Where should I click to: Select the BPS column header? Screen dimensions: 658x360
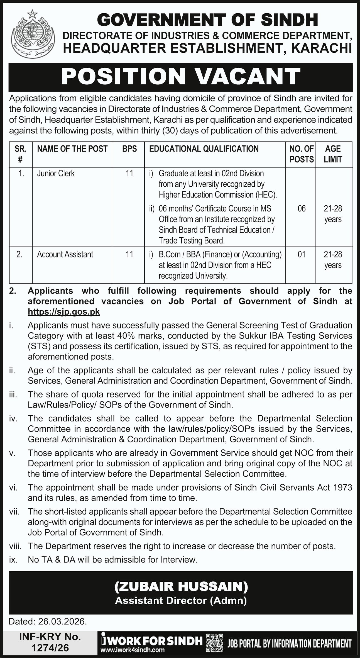[x=129, y=149]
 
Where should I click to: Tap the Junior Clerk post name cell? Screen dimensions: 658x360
[x=56, y=173]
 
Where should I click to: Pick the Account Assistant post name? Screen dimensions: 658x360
[x=65, y=254]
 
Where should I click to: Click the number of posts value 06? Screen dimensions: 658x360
[x=302, y=208]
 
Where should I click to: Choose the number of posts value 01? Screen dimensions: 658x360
[x=302, y=254]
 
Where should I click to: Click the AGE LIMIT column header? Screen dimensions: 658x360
[x=333, y=154]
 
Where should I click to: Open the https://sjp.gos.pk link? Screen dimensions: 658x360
[x=64, y=312]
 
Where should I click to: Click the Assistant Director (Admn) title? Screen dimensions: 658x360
[x=181, y=601]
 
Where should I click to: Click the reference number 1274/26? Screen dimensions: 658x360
[x=50, y=648]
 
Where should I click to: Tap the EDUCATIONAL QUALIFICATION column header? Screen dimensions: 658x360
[x=204, y=149]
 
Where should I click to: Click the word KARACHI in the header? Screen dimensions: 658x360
[x=321, y=48]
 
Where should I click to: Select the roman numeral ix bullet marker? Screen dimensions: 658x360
[x=13, y=560]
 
